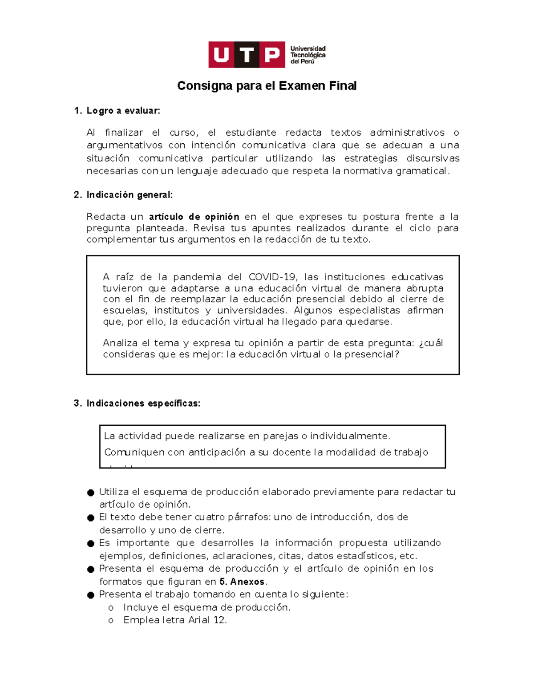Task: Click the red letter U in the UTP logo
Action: [x=221, y=55]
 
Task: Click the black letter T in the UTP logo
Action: [x=246, y=55]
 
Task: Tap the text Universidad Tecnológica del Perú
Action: [x=308, y=55]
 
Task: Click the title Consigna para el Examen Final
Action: [x=267, y=86]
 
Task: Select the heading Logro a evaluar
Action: [x=123, y=111]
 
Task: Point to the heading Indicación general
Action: [x=129, y=195]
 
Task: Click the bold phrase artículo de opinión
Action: [x=194, y=217]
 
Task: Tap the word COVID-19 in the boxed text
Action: [x=272, y=277]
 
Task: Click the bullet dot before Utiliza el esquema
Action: [x=91, y=493]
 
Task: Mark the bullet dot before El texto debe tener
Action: [x=91, y=518]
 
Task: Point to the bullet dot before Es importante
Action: [x=91, y=544]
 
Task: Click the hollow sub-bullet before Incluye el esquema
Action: [x=111, y=608]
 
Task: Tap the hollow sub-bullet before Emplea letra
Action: [x=111, y=621]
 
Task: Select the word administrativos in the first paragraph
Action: [x=407, y=133]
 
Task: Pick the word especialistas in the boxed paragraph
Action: [x=369, y=311]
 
